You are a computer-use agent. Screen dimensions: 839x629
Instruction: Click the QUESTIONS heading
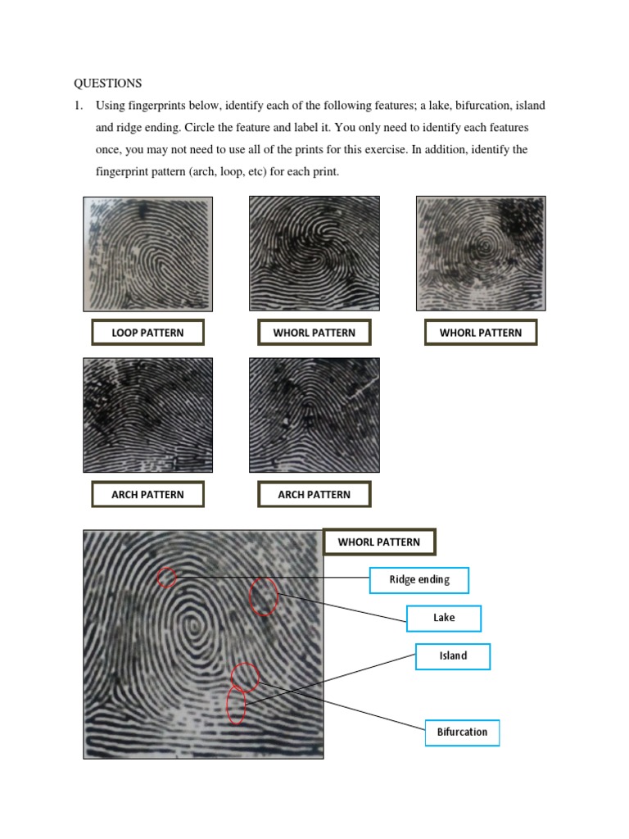coord(108,84)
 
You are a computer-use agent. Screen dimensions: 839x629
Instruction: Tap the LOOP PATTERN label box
coord(147,333)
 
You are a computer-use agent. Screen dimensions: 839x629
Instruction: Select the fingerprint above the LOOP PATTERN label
coord(148,253)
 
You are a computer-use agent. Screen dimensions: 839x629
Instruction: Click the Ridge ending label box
coord(419,580)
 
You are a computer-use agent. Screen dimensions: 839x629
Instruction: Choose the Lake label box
coord(444,618)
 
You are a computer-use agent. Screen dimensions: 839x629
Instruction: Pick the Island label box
coord(453,656)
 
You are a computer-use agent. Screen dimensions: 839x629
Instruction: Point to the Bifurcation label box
coord(462,732)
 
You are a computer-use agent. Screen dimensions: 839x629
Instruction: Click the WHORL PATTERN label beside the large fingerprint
coord(379,542)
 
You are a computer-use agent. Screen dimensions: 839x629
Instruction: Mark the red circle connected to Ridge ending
coord(166,577)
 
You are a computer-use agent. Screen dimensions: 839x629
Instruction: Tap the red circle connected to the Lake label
coord(263,596)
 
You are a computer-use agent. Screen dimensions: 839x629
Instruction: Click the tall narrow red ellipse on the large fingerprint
coord(236,705)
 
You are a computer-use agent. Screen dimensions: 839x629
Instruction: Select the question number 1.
coord(79,107)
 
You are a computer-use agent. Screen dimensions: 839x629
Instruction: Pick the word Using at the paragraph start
coord(111,107)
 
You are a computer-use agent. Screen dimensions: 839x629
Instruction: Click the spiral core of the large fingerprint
coord(195,627)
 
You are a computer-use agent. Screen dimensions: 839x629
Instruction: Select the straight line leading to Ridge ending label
coord(270,578)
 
